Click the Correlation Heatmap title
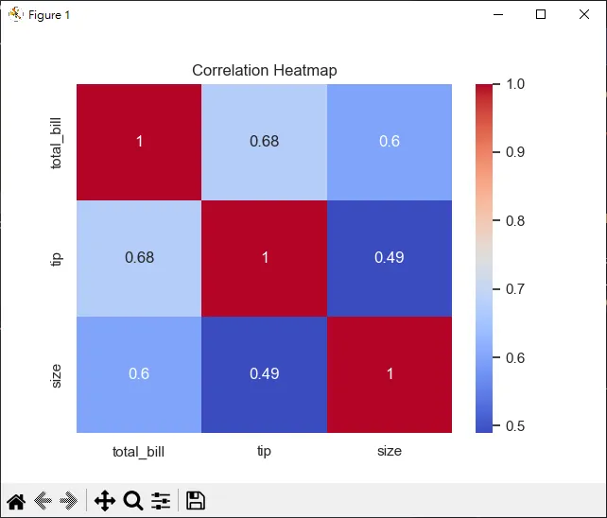pyautogui.click(x=264, y=70)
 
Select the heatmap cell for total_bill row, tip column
pyautogui.click(x=264, y=142)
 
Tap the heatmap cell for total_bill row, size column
pyautogui.click(x=389, y=142)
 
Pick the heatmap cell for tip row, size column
pyautogui.click(x=389, y=258)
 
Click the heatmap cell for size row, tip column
pyautogui.click(x=264, y=374)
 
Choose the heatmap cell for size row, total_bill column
pyautogui.click(x=139, y=374)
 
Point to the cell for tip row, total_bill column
pyautogui.click(x=139, y=258)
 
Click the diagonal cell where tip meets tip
pyautogui.click(x=264, y=258)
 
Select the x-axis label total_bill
pyautogui.click(x=139, y=451)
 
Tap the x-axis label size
pyautogui.click(x=389, y=451)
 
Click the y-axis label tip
pyautogui.click(x=57, y=258)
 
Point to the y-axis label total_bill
pyautogui.click(x=57, y=142)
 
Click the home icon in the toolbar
pyautogui.click(x=16, y=501)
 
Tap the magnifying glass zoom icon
pyautogui.click(x=133, y=501)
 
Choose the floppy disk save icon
pyautogui.click(x=196, y=501)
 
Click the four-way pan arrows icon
pyautogui.click(x=105, y=501)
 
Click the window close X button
pyautogui.click(x=584, y=14)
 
